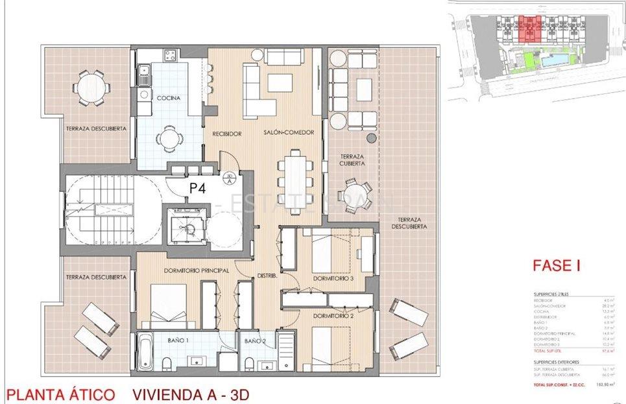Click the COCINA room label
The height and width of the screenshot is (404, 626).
click(x=169, y=98)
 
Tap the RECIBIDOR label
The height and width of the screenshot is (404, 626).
click(x=227, y=134)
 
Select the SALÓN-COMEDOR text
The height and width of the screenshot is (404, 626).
click(x=289, y=132)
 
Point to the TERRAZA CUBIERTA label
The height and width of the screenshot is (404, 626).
click(x=351, y=160)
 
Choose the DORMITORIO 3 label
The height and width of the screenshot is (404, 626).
click(x=333, y=278)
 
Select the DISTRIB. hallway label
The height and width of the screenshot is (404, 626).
click(x=268, y=276)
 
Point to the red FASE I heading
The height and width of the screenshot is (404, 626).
click(x=555, y=265)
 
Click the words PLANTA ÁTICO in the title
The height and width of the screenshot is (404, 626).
click(x=60, y=394)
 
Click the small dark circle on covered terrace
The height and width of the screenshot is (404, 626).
click(x=370, y=138)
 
